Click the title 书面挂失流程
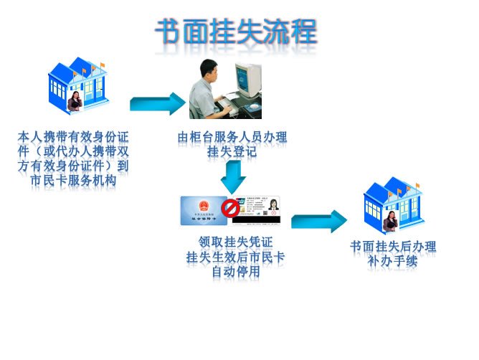[x=236, y=32]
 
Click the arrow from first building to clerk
[x=158, y=104]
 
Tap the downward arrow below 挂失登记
[x=233, y=176]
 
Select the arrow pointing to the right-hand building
[x=318, y=221]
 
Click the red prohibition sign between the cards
[x=230, y=209]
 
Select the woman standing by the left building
[x=75, y=104]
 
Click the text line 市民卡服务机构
[x=74, y=180]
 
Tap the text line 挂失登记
[x=232, y=151]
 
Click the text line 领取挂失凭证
[x=235, y=242]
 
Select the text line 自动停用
[x=235, y=272]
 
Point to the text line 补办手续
[x=392, y=261]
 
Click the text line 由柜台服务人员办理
[x=232, y=136]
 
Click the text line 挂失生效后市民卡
[x=235, y=257]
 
